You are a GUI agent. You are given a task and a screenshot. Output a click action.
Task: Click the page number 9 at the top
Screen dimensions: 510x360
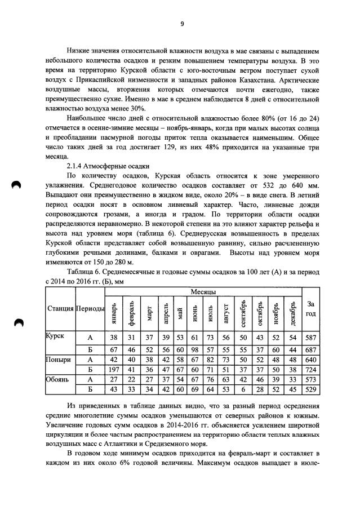[182, 24]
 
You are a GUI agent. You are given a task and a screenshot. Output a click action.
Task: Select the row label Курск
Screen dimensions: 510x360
[55, 335]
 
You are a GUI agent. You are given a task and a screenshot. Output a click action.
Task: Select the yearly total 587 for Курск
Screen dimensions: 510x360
[310, 337]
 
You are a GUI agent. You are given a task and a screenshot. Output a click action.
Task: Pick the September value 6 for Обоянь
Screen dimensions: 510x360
[243, 389]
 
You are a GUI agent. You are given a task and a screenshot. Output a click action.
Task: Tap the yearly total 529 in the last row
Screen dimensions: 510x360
[310, 389]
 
